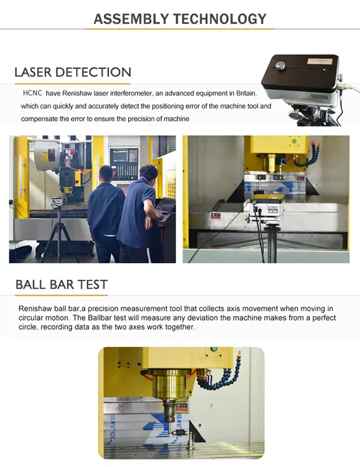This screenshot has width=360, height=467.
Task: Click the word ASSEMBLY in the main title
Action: (x=131, y=19)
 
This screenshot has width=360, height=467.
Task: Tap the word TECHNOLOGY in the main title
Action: (x=220, y=19)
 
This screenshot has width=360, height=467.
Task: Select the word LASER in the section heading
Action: (x=33, y=72)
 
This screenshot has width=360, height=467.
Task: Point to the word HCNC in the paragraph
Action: (x=32, y=93)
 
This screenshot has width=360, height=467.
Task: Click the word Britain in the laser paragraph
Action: (x=246, y=94)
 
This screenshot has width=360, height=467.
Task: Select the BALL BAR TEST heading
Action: (x=61, y=284)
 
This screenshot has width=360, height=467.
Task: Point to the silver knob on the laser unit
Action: (x=280, y=66)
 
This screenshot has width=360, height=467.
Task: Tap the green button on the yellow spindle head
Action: (x=294, y=140)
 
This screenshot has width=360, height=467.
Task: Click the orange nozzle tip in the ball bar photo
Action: (x=238, y=354)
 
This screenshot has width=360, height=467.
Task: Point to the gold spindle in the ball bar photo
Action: (x=170, y=385)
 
